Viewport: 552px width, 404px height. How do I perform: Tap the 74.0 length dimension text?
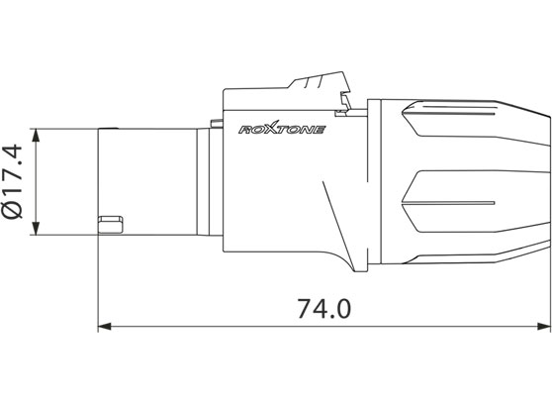[x=323, y=308]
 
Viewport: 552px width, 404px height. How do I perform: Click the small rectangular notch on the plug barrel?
[x=110, y=218]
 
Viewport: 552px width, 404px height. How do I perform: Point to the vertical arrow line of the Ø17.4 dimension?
[x=37, y=181]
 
